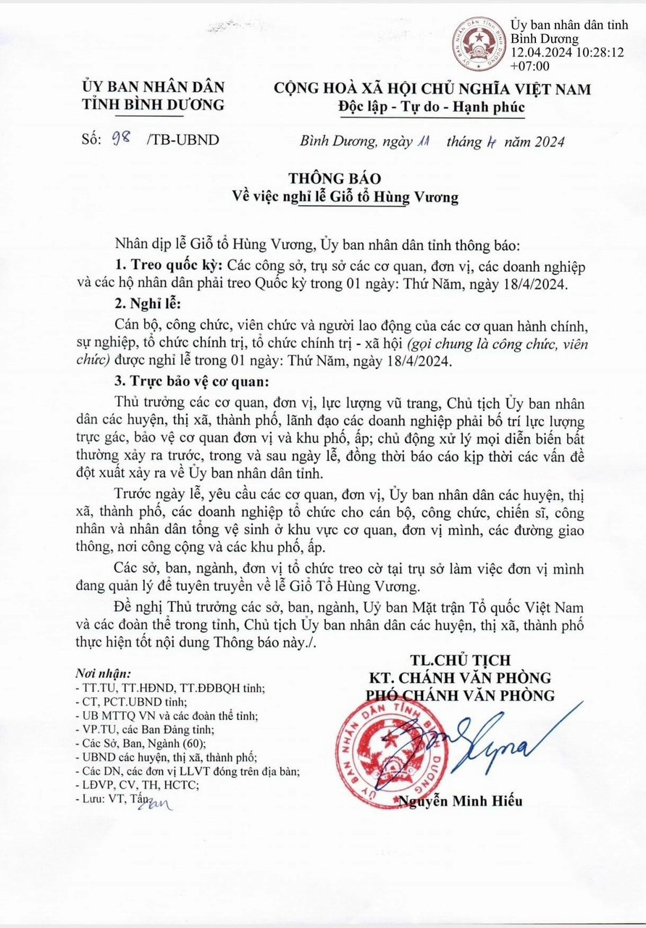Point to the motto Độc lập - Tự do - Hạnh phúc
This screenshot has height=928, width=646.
point(432,107)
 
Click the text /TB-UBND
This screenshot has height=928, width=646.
point(183,139)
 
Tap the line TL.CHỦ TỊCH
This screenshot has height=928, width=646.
point(460,660)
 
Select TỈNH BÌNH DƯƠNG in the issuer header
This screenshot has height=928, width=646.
point(154,104)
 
